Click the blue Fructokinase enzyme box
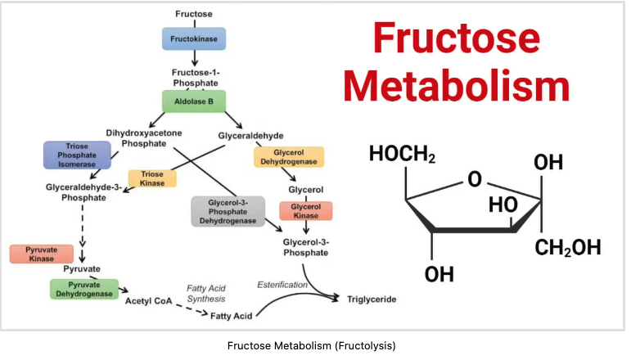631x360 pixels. pos(193,38)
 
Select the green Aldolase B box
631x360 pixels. pos(193,101)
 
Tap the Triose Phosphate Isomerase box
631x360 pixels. pos(71,155)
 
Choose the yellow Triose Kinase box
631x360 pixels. pos(152,179)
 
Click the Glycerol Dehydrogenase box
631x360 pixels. pos(289,157)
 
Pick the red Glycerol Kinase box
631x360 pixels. pos(305,210)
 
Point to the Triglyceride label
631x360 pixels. pos(372,299)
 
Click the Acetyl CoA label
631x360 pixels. pos(149,300)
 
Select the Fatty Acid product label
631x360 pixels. pos(232,315)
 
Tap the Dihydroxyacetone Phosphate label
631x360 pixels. pos(143,137)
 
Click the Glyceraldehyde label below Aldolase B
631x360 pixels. pos(250,135)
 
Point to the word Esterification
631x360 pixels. pos(283,285)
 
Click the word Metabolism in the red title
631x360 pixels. pos(456,84)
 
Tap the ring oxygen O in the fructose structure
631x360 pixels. pos(476,178)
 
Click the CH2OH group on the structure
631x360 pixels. pos(569,247)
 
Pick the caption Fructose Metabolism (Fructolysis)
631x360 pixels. pos(311,345)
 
